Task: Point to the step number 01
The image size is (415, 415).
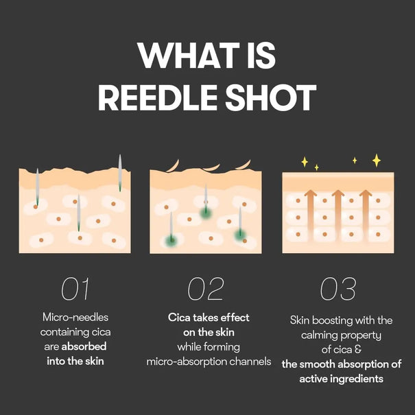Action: click(75, 289)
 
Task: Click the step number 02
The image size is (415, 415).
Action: click(206, 289)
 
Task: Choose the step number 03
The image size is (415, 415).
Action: click(338, 289)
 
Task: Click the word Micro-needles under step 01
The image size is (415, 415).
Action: click(75, 318)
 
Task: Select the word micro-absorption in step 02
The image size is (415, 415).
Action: click(190, 361)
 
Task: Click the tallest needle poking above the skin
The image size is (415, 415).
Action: click(119, 171)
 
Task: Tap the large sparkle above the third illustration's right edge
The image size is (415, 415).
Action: click(376, 160)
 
